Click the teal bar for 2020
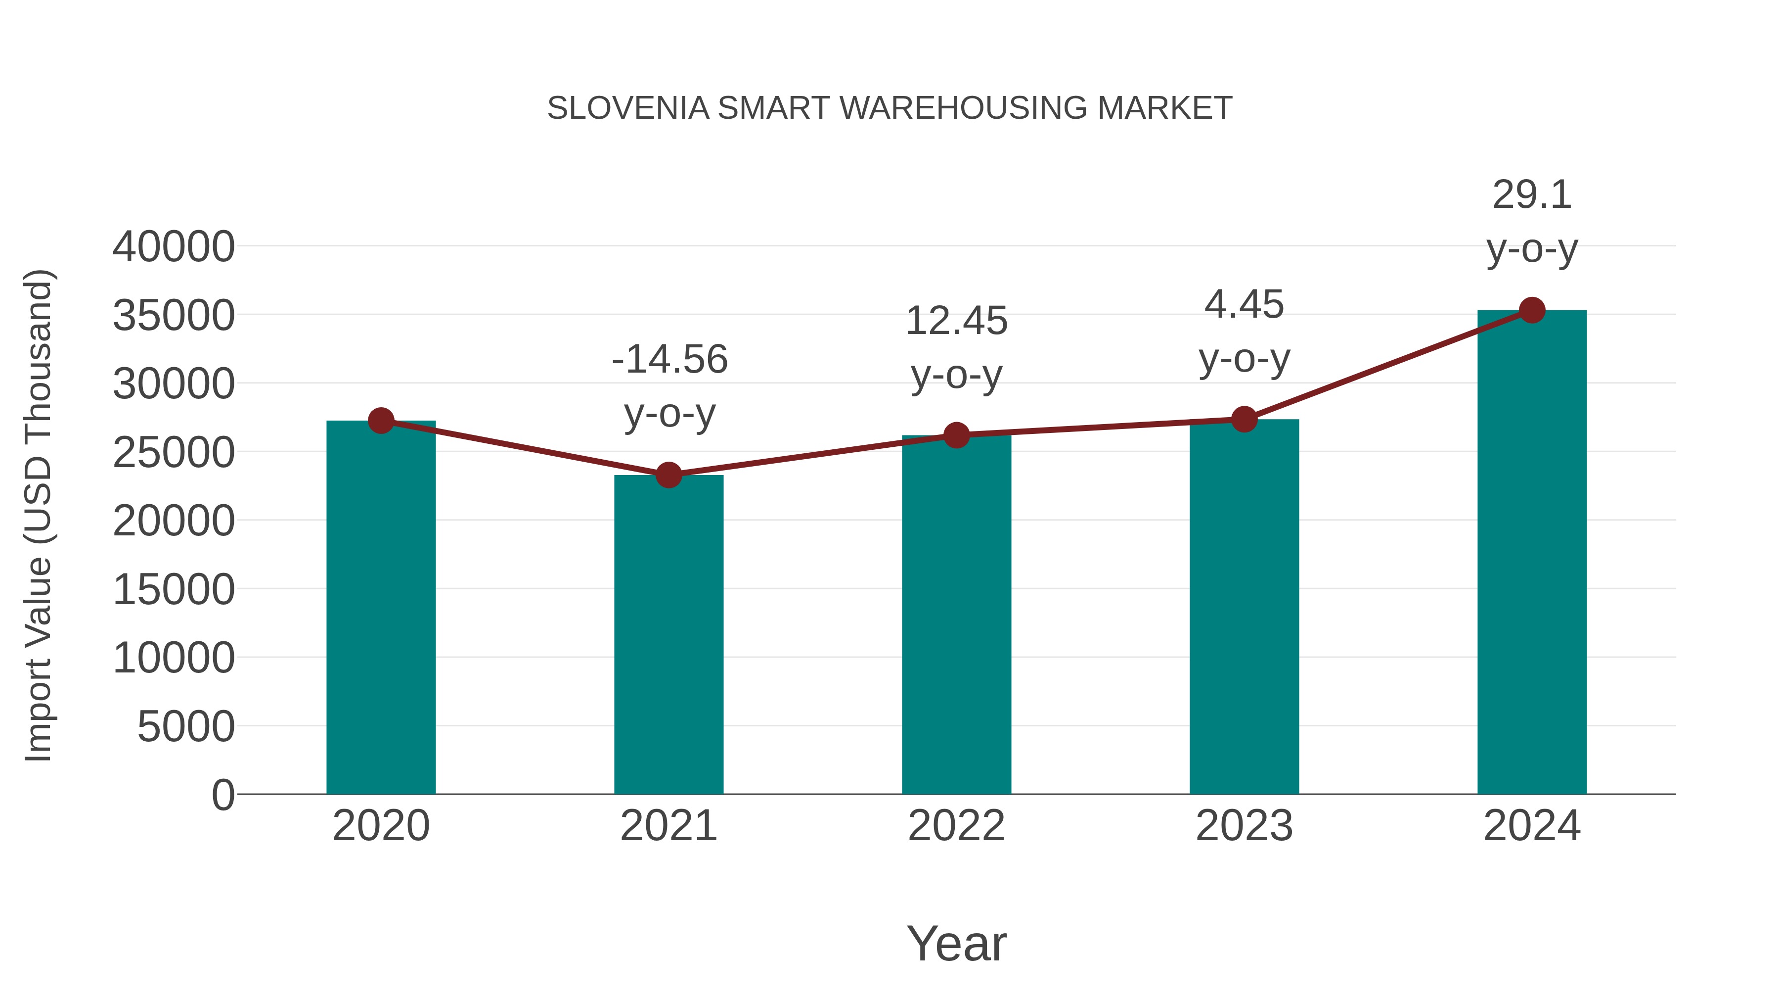[x=381, y=609]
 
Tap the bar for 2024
[x=1532, y=553]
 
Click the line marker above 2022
[x=956, y=435]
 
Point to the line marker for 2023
[x=1244, y=419]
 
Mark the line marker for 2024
[x=1532, y=310]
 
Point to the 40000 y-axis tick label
[x=174, y=247]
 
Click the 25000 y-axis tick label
[x=174, y=453]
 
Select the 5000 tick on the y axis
[x=186, y=727]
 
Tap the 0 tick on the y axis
[x=223, y=795]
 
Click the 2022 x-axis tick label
[x=956, y=826]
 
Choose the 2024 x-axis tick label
[x=1532, y=826]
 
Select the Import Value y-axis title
[x=39, y=515]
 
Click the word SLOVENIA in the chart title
[x=628, y=108]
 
